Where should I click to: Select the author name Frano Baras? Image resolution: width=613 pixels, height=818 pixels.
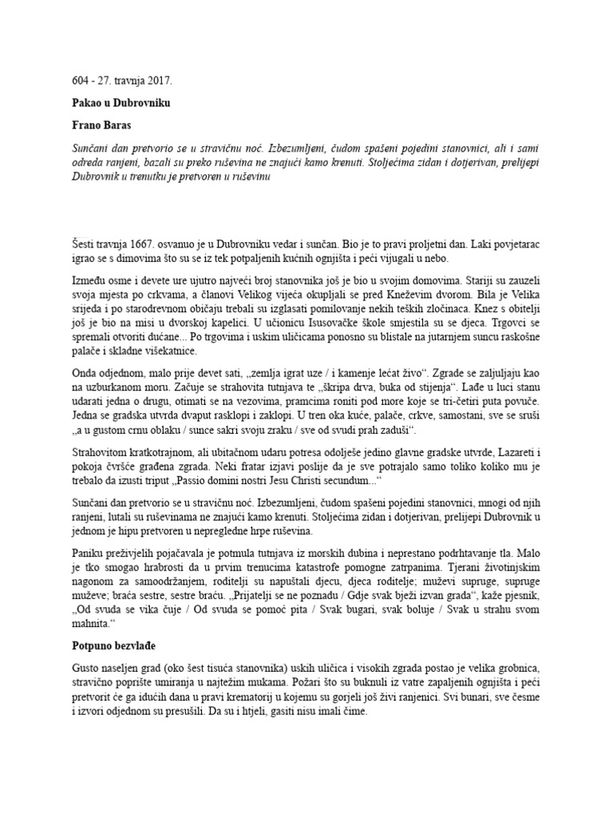[100, 125]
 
